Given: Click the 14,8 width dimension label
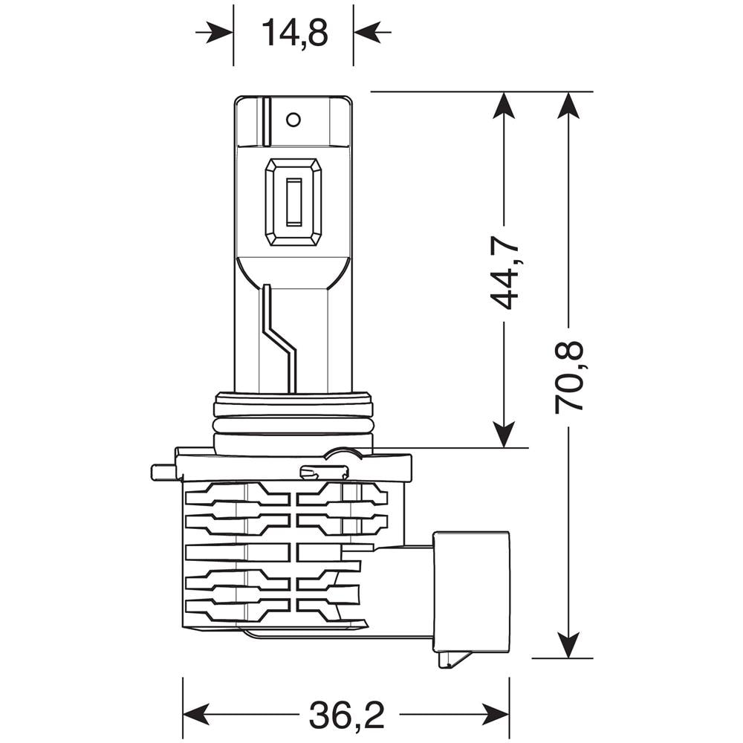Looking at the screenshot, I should click(294, 33).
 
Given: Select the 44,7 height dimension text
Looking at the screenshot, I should click(504, 274).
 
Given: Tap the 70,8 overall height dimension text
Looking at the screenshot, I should click(569, 377).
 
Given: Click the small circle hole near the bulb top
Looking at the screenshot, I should click(293, 119).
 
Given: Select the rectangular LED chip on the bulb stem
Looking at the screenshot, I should click(293, 201).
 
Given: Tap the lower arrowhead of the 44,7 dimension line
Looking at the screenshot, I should click(504, 435).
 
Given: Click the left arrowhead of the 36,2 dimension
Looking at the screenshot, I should click(195, 715).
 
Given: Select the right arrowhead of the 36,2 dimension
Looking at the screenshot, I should click(496, 715).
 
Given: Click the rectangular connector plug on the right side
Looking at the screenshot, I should click(472, 591).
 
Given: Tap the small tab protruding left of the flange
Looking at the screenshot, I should click(163, 472).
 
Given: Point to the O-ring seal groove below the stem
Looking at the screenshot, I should click(293, 425).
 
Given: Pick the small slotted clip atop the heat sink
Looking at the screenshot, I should click(323, 472).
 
